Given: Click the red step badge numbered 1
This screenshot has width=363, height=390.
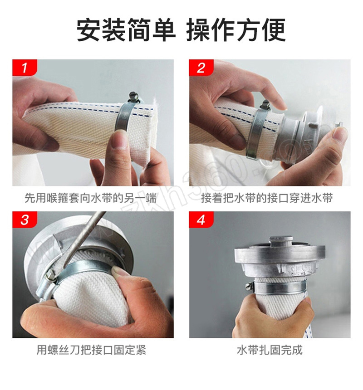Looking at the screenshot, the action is click(25, 68).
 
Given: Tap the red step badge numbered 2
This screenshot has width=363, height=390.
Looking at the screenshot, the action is click(201, 68).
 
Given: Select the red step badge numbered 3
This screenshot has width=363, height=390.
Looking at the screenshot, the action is click(25, 219).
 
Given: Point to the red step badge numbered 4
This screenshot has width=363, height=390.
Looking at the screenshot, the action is click(201, 219).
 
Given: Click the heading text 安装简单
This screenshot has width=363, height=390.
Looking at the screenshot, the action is click(126, 30).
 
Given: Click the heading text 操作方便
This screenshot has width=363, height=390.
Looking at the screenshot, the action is click(236, 30).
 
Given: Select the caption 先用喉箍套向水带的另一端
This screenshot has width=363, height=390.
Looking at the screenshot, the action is click(91, 198).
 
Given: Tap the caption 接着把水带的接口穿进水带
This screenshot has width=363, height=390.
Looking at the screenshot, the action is click(267, 198).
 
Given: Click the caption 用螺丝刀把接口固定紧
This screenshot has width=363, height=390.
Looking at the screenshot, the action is click(91, 350).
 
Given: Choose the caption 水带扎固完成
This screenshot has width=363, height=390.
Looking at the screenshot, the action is click(270, 350).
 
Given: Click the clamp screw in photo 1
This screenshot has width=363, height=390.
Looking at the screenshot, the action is click(133, 96).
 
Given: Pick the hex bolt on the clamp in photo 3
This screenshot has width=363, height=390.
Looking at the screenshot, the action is click(50, 275).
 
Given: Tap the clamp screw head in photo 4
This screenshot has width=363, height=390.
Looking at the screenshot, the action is click(249, 287).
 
